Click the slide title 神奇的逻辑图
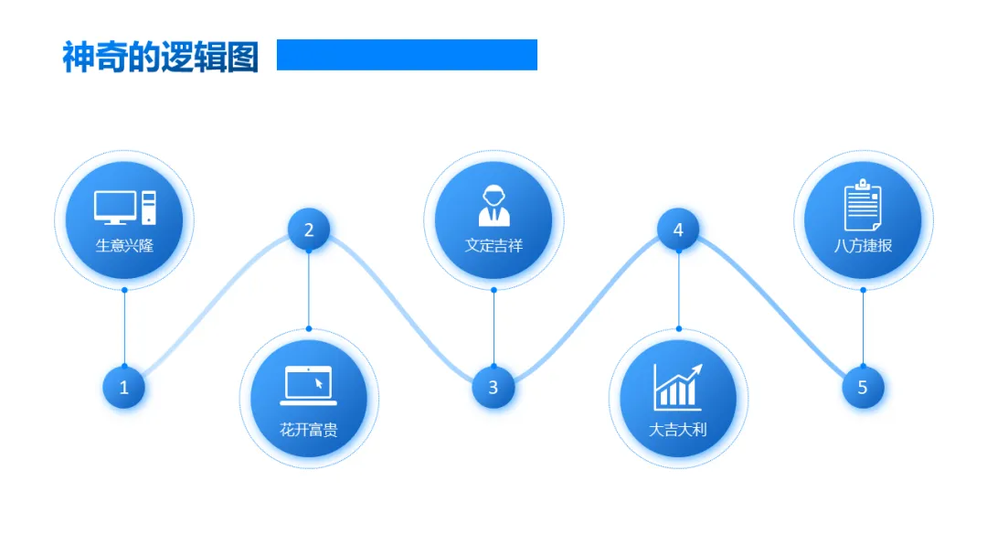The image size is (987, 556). click(160, 57)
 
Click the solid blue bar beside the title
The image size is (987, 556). click(407, 55)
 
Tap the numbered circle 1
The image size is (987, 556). click(124, 387)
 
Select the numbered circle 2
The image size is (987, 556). click(309, 229)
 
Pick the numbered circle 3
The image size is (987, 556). click(493, 387)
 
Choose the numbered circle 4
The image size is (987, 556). click(678, 229)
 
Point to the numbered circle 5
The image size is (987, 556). click(863, 387)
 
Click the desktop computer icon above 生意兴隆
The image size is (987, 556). click(124, 208)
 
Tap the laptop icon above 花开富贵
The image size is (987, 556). click(309, 385)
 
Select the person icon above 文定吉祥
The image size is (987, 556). click(493, 206)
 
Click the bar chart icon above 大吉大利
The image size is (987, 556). click(677, 386)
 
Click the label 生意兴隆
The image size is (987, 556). click(124, 245)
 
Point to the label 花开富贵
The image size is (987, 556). click(309, 429)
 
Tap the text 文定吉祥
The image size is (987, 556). click(493, 245)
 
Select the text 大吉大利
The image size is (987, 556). click(678, 429)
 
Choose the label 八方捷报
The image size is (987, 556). click(863, 245)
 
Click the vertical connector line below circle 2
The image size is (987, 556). click(309, 289)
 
